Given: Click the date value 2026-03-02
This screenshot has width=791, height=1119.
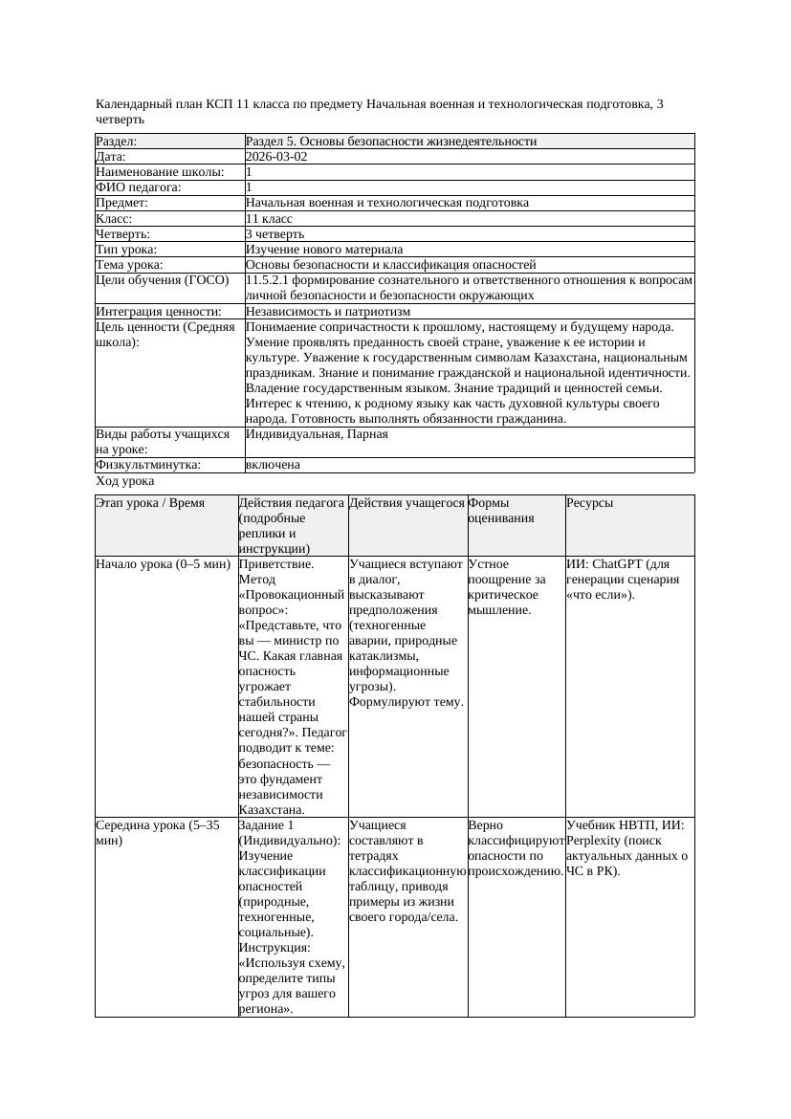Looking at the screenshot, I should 276,157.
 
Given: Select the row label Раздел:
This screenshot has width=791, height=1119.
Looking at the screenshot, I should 117,142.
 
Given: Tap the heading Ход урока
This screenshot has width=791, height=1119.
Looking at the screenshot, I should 124,482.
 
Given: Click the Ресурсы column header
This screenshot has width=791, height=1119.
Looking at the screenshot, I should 589,503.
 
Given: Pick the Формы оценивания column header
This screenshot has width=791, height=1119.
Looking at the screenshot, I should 489,511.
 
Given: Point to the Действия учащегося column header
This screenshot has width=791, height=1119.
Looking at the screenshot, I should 406,503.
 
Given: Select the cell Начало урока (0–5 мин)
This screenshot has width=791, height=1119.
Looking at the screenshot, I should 164,564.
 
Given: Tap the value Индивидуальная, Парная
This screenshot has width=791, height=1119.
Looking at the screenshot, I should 317,434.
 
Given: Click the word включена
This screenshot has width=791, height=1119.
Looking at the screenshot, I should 273,465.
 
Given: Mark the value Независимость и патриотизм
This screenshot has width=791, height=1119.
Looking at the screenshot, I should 328,312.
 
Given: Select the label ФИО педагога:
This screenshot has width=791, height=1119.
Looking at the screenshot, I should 139,187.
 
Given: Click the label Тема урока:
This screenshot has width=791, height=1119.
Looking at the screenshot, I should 130,265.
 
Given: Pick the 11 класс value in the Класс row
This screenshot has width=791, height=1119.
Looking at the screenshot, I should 269,218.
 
